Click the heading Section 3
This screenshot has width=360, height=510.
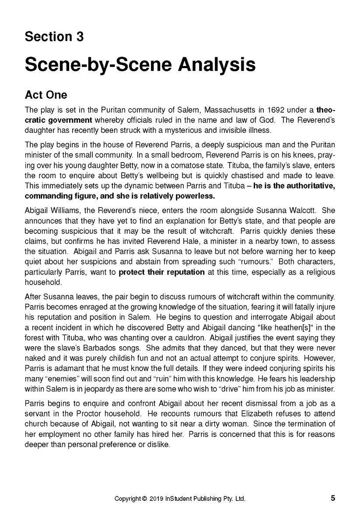click(x=54, y=37)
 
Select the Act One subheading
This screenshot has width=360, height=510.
click(x=46, y=95)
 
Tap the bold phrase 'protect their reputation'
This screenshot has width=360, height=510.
click(x=161, y=272)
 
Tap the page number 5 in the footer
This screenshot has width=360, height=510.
click(x=333, y=498)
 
